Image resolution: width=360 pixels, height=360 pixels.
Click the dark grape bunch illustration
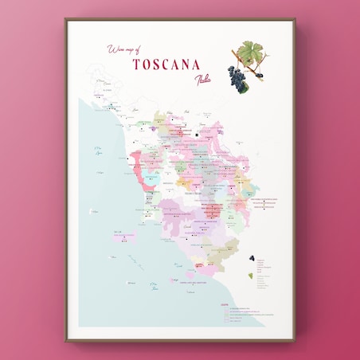[x=237, y=76]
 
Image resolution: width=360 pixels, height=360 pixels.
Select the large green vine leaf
[x=251, y=53]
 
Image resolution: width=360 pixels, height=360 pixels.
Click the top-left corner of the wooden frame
[x=65, y=19]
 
